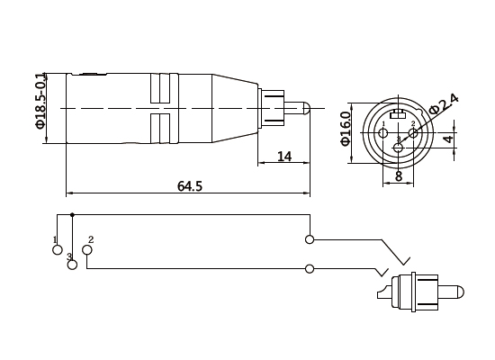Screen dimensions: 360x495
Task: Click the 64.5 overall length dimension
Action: [190, 186]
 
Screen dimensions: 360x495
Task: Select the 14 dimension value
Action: [284, 157]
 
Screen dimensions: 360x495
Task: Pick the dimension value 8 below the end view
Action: [399, 177]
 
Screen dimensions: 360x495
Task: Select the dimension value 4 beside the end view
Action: [447, 140]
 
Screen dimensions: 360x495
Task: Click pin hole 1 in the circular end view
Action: [384, 133]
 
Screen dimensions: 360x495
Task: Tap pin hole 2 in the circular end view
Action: [413, 133]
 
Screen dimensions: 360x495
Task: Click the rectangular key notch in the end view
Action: [399, 113]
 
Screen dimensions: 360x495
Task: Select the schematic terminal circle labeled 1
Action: [57, 249]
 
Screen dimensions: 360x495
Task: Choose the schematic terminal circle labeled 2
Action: [86, 249]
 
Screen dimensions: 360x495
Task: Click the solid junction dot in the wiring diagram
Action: [72, 215]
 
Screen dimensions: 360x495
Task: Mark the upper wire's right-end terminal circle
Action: [310, 238]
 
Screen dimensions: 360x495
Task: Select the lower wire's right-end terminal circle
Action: [310, 269]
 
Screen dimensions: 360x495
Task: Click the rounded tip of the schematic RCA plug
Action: [459, 294]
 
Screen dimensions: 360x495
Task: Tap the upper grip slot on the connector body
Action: [159, 87]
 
